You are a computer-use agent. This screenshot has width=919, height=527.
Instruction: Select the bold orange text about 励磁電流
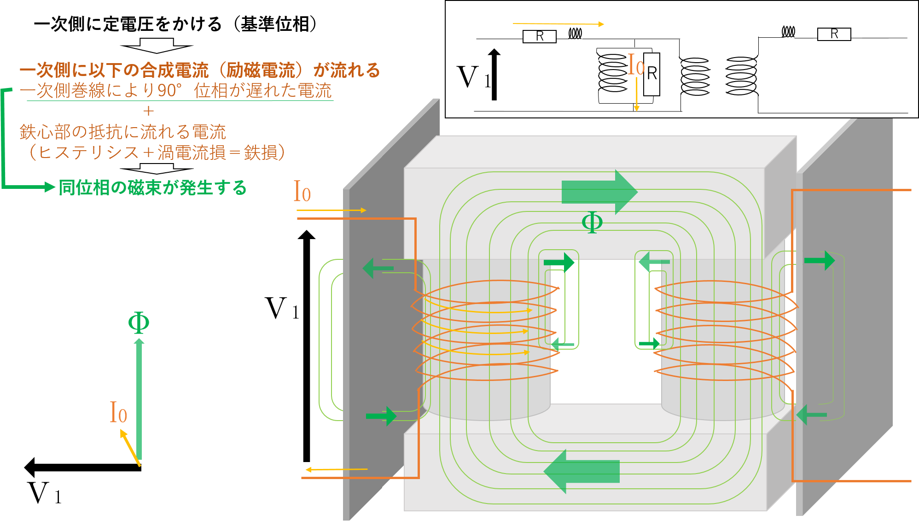coord(200,70)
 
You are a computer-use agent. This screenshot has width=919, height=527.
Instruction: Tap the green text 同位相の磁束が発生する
coord(153,188)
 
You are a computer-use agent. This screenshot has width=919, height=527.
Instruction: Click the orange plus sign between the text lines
coord(148,111)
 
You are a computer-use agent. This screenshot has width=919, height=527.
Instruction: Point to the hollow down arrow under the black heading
coord(157,46)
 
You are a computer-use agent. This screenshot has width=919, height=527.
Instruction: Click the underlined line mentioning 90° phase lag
coord(176,90)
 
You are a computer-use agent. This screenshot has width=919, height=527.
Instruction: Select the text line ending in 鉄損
coord(157,152)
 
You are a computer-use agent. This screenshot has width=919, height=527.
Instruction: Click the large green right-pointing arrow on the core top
coord(599,192)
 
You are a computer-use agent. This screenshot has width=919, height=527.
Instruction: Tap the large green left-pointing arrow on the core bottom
coord(582,471)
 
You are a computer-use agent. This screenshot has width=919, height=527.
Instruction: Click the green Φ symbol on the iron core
coord(592,223)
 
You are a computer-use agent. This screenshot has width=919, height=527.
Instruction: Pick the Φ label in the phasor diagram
coord(139,322)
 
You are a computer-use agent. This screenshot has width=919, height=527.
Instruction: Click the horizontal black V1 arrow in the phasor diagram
coord(83,467)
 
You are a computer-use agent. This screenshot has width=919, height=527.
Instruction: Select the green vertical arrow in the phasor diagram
coord(139,399)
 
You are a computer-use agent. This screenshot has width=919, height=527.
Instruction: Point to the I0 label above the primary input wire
coord(302,191)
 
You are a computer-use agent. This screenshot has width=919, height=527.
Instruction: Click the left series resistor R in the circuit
coord(540,36)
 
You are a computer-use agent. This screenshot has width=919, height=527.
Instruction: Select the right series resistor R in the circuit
coord(834,34)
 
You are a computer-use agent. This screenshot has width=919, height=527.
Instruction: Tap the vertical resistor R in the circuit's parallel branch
coord(651,74)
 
